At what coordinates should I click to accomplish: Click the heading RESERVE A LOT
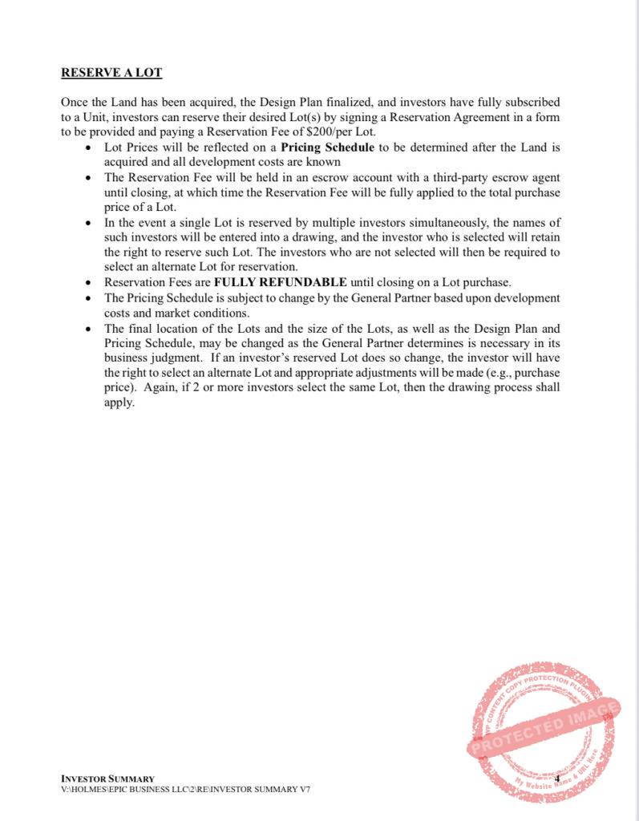[111, 73]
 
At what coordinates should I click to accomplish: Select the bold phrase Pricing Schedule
[327, 148]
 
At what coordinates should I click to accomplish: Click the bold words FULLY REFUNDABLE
[280, 281]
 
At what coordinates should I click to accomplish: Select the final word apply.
[119, 402]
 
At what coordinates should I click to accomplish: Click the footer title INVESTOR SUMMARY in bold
[107, 779]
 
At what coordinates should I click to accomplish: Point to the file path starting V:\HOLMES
[185, 790]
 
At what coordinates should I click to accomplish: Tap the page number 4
[556, 779]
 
